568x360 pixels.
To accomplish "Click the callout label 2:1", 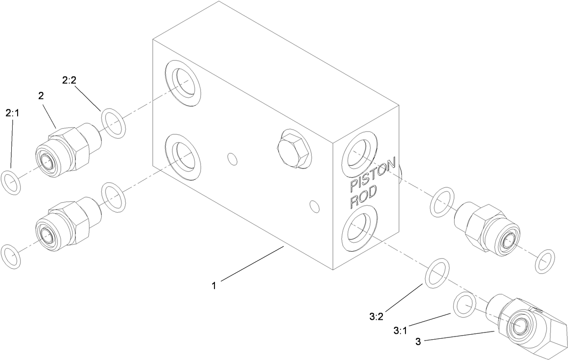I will pyautogui.click(x=12, y=113).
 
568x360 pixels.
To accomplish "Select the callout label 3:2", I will pyautogui.click(x=376, y=316).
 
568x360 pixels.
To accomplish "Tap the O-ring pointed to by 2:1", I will pyautogui.click(x=11, y=182).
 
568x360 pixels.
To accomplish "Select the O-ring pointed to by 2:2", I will pyautogui.click(x=114, y=122).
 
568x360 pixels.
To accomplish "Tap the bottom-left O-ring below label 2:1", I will pyautogui.click(x=11, y=257).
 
